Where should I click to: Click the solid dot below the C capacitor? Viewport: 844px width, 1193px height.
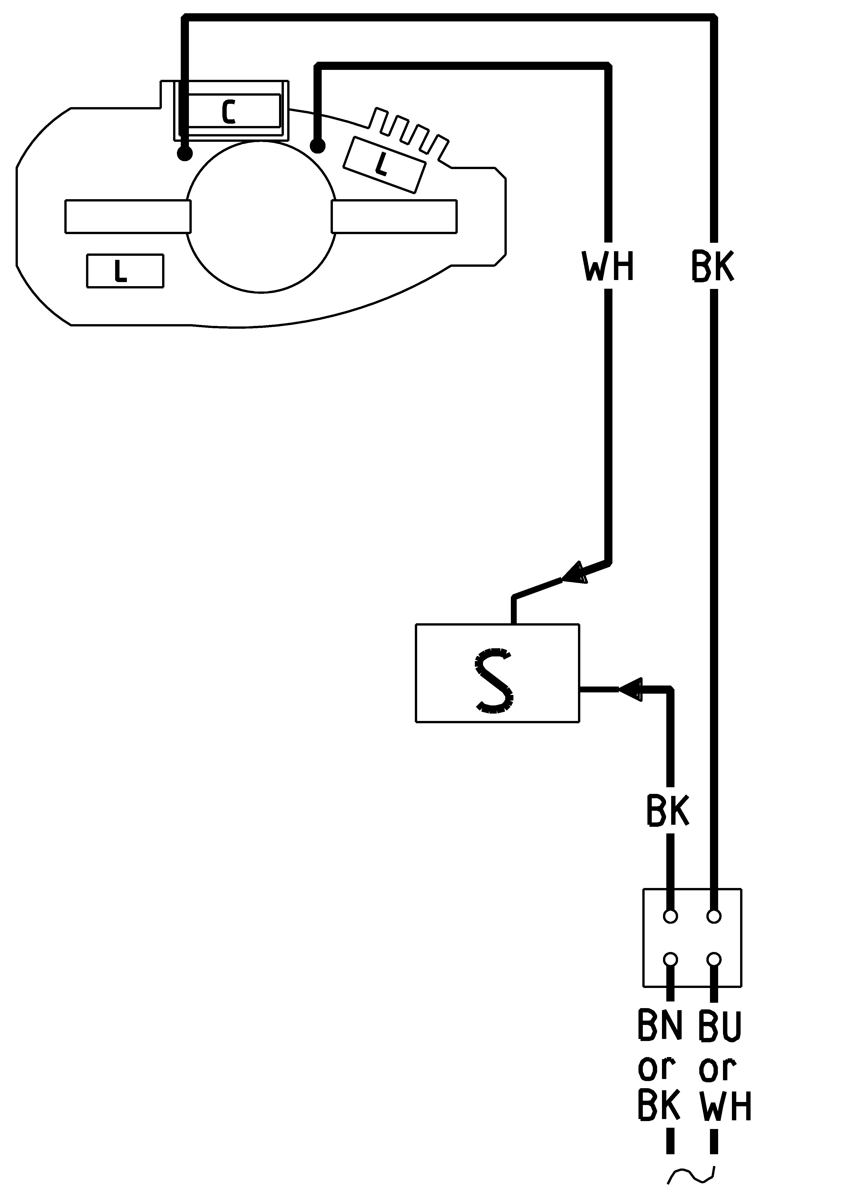185,153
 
